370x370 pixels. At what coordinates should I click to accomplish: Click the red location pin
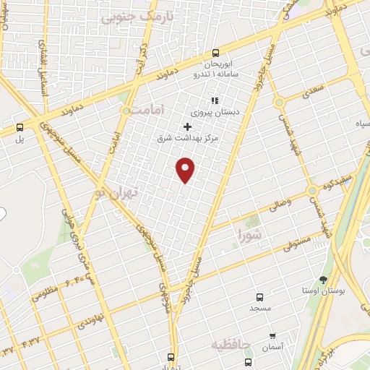186,170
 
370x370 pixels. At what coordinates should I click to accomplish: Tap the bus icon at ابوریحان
215,53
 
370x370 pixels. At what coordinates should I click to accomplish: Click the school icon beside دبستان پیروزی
213,100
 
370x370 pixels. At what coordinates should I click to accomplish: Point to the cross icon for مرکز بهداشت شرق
187,126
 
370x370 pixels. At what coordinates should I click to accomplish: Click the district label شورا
250,234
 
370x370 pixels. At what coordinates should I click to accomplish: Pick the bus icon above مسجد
260,296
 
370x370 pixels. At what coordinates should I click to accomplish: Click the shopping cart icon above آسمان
272,336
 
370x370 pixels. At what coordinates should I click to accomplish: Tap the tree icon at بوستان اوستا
322,279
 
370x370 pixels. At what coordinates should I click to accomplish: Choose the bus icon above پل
20,127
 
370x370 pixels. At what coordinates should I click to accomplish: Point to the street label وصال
280,206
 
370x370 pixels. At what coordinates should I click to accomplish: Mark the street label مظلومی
45,294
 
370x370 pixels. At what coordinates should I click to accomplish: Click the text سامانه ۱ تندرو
215,74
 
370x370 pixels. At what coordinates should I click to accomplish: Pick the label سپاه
358,124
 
